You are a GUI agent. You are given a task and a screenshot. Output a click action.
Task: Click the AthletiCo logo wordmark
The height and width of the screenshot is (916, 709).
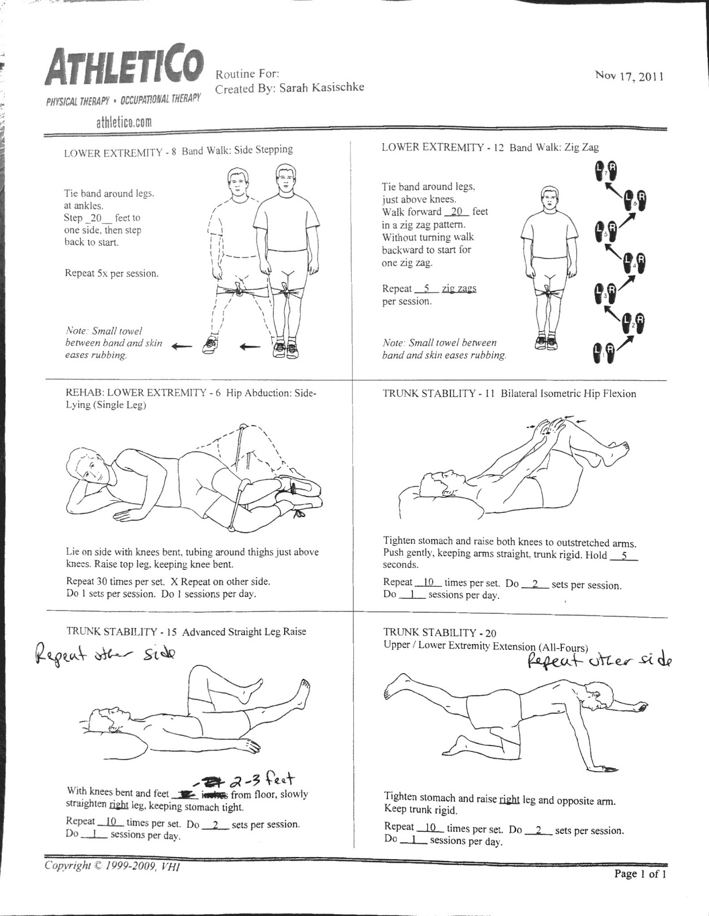click(124, 68)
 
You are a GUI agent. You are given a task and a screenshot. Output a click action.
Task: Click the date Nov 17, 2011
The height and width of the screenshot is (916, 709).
click(629, 76)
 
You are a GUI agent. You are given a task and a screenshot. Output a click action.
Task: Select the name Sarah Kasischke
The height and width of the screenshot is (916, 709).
click(321, 88)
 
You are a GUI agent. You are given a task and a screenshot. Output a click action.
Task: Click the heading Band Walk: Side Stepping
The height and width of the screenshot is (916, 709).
click(237, 150)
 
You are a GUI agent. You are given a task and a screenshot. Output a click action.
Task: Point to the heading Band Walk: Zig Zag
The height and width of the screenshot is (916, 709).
click(554, 147)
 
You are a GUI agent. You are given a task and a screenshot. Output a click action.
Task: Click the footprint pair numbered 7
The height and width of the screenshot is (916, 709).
click(606, 170)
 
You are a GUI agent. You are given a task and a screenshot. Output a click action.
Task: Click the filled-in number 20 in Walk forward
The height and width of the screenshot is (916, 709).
click(456, 211)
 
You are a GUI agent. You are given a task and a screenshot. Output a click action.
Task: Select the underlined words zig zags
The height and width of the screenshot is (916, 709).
click(459, 289)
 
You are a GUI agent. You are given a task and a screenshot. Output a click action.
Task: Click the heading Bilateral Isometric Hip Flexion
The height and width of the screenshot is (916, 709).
click(568, 394)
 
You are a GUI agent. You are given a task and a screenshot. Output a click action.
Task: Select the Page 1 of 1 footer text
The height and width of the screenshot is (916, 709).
click(640, 874)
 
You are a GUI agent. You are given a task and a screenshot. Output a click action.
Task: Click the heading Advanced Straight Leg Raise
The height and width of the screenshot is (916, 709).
click(244, 632)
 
